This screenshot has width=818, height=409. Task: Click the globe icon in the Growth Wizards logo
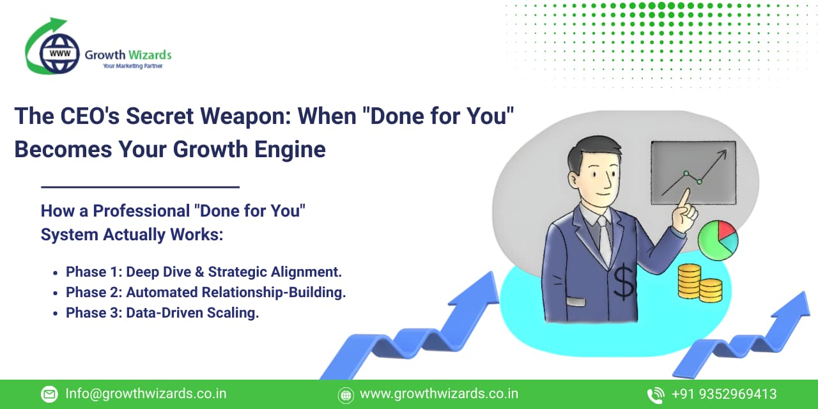(x=59, y=54)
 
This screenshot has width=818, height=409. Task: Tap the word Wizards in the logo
(x=150, y=55)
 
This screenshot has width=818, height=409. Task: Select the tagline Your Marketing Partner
(x=132, y=66)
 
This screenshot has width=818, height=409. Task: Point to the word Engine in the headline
(x=290, y=150)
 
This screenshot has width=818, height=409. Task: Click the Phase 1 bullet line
(x=203, y=272)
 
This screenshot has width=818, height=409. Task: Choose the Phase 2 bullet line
(x=206, y=293)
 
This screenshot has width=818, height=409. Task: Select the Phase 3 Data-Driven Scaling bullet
(x=162, y=313)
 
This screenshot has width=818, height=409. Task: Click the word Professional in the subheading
(x=141, y=212)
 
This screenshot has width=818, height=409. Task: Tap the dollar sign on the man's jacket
(x=623, y=282)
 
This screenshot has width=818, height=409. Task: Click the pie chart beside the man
(x=718, y=240)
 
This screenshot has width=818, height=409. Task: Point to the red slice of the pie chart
(x=726, y=230)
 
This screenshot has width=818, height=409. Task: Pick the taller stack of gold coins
(x=689, y=281)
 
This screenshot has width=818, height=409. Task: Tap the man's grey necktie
(x=605, y=239)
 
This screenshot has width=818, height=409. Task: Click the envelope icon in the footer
(x=49, y=394)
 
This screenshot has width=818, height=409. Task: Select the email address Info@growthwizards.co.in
(x=146, y=394)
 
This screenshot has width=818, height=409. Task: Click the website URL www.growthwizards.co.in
(x=439, y=394)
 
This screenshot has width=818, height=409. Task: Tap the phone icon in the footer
(x=656, y=396)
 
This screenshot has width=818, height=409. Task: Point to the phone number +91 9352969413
(x=724, y=394)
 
